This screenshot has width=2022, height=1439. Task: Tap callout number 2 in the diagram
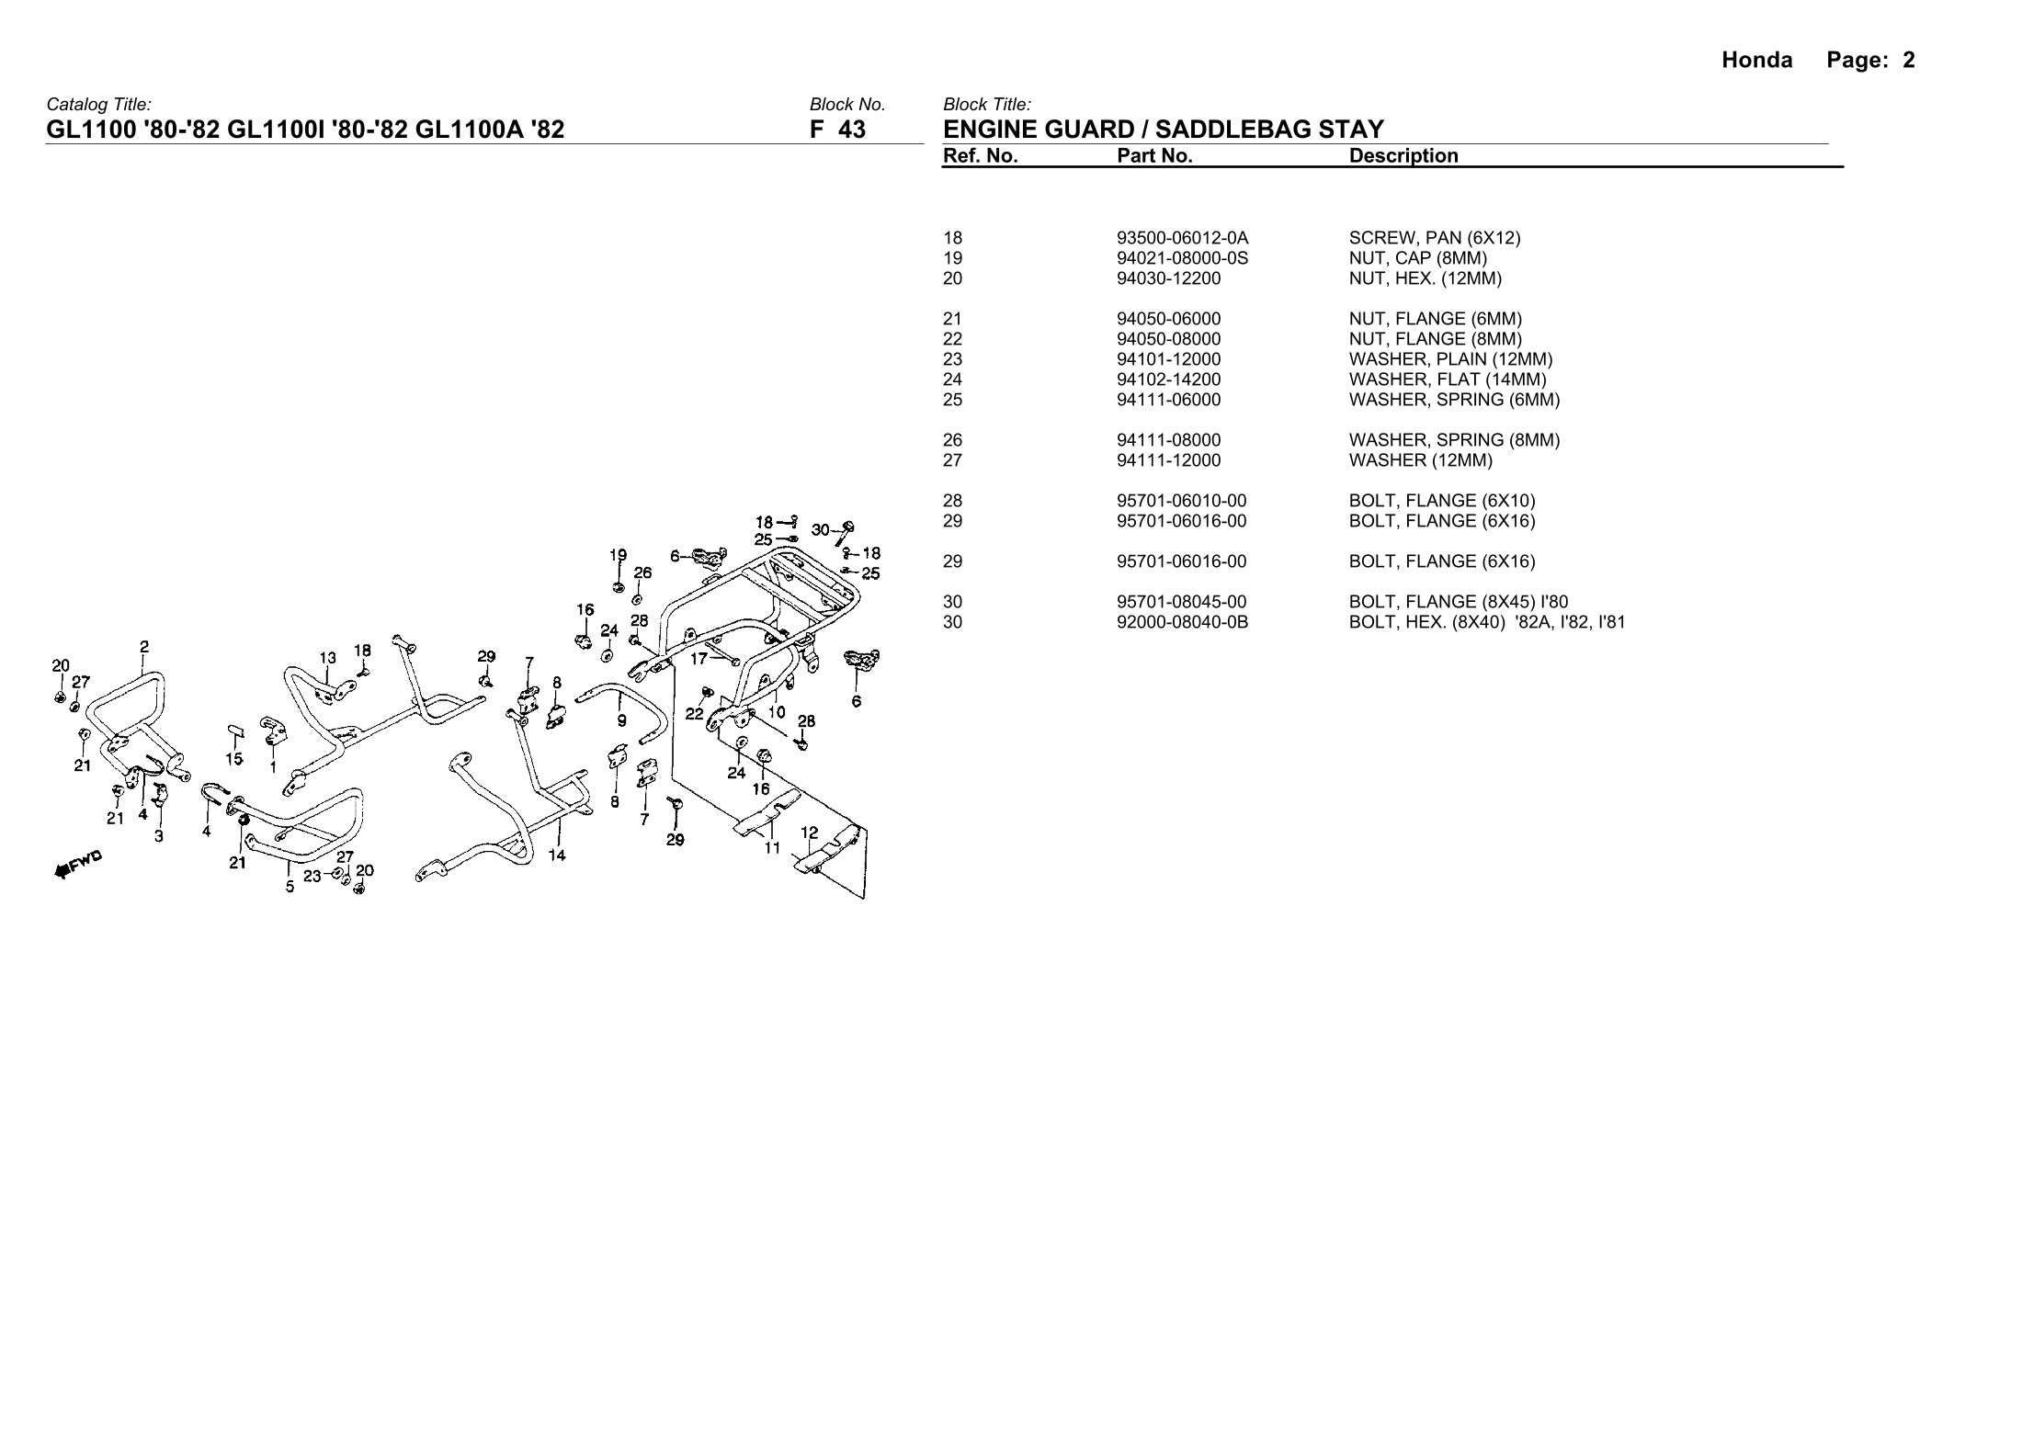tap(144, 646)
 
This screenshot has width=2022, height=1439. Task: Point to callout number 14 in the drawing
tap(557, 855)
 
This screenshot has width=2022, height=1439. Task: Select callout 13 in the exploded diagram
tap(328, 658)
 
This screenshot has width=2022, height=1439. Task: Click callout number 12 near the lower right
tap(809, 833)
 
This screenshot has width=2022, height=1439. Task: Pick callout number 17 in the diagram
tap(699, 658)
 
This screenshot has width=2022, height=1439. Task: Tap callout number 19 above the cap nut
tap(619, 555)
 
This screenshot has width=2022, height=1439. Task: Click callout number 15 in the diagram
tap(234, 759)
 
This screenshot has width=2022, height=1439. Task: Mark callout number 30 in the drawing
tap(820, 529)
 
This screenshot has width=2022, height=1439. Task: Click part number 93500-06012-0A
tap(1182, 238)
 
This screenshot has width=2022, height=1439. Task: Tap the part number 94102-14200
tap(1168, 380)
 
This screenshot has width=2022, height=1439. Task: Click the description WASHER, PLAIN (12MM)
tap(1450, 359)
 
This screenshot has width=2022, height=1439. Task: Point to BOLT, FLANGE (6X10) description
tap(1441, 501)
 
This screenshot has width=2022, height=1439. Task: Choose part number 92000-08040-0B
tap(1182, 622)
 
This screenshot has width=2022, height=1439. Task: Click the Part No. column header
tap(1154, 156)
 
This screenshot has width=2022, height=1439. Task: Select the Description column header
tap(1403, 156)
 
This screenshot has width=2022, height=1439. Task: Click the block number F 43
tap(837, 130)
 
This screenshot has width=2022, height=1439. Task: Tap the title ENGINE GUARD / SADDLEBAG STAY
tap(1163, 130)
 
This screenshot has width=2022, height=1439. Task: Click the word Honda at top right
tap(1756, 61)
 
